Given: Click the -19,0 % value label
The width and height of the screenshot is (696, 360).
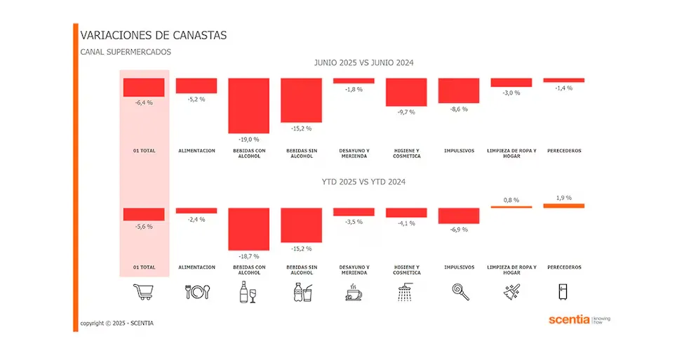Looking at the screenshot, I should pyautogui.click(x=249, y=139).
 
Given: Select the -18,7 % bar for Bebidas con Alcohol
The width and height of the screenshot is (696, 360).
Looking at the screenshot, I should pyautogui.click(x=249, y=229).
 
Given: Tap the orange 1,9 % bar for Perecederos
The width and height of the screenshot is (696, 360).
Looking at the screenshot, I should pyautogui.click(x=564, y=206).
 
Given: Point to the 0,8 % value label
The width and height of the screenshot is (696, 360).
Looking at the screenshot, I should pyautogui.click(x=511, y=200).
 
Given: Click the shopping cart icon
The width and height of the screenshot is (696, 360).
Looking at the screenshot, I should pyautogui.click(x=144, y=291).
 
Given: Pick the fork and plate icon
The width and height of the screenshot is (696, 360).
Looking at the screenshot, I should pyautogui.click(x=196, y=292).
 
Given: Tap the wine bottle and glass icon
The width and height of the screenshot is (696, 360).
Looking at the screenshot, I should pyautogui.click(x=249, y=292).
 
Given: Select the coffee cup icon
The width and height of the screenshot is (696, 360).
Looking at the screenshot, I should pyautogui.click(x=354, y=293).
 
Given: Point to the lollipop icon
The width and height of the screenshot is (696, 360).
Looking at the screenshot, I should pyautogui.click(x=459, y=291).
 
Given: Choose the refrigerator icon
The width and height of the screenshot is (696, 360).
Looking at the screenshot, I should pyautogui.click(x=564, y=292).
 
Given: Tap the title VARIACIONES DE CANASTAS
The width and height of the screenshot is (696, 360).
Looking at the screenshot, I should pyautogui.click(x=154, y=35).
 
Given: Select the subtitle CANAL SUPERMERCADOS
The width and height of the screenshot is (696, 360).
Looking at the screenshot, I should pyautogui.click(x=126, y=52).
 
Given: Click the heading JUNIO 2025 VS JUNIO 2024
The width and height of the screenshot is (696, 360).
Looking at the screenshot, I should pyautogui.click(x=363, y=63).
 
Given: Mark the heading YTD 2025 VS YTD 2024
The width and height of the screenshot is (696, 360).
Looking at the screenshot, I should pyautogui.click(x=363, y=182).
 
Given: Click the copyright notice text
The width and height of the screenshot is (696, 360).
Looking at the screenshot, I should pyautogui.click(x=116, y=323).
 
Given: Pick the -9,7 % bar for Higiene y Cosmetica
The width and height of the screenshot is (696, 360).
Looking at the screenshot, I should pyautogui.click(x=406, y=92).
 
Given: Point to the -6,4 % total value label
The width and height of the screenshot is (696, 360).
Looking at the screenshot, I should pyautogui.click(x=144, y=102).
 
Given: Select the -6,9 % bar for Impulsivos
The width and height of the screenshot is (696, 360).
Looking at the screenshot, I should pyautogui.click(x=459, y=215).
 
